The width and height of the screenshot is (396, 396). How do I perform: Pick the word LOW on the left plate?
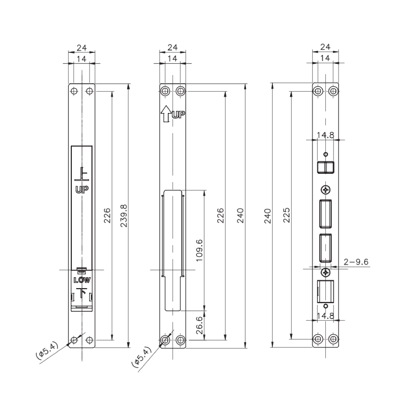pyautogui.click(x=82, y=280)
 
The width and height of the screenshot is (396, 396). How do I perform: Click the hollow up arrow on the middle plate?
pyautogui.click(x=165, y=114)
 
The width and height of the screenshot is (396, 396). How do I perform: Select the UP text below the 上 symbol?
pyautogui.click(x=82, y=190)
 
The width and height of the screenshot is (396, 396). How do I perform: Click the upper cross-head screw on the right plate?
pyautogui.click(x=325, y=190)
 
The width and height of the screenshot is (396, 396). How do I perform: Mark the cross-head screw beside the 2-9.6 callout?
pyautogui.click(x=325, y=273)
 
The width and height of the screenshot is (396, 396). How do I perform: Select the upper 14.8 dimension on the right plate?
pyautogui.click(x=325, y=134)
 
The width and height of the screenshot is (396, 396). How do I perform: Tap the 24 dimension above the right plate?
pyautogui.click(x=325, y=48)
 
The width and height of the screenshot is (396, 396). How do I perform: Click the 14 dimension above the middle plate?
pyautogui.click(x=173, y=58)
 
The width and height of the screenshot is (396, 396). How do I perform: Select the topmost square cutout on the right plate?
pyautogui.click(x=325, y=166)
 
